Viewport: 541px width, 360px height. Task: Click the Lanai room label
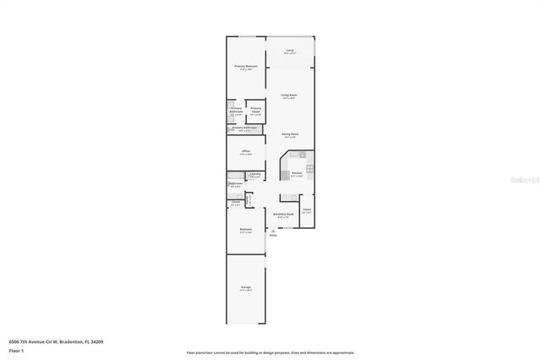pos(290,52)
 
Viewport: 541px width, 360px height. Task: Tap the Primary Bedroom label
pos(246,66)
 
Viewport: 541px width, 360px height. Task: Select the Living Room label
pos(289,95)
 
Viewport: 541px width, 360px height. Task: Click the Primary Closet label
pos(255,109)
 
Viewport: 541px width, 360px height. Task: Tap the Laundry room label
pos(254,174)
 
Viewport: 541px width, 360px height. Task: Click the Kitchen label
pos(297,172)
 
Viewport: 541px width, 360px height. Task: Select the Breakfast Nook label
pos(283,215)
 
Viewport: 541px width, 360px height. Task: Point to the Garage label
pos(245,287)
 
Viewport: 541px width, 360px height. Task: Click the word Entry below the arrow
pos(273,235)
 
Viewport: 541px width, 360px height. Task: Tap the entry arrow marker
pos(273,229)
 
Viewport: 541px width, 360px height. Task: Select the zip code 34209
pos(97,341)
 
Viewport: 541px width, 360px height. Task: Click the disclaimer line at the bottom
pos(270,352)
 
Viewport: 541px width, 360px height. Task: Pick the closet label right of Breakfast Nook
pos(306,209)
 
